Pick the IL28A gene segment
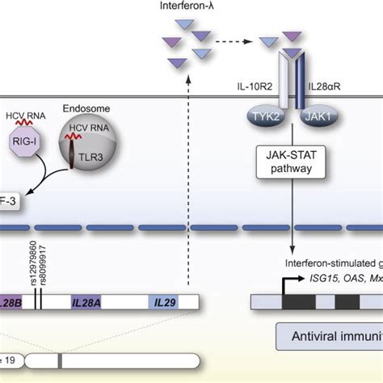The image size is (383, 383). pos(86,301)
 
